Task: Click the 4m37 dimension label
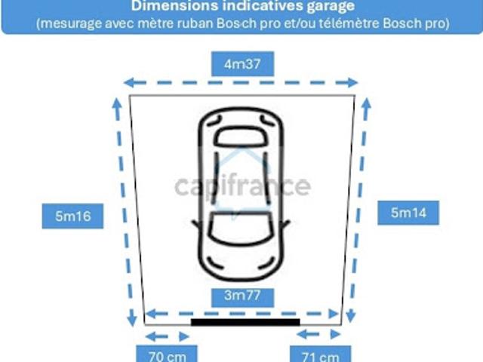tap(242, 63)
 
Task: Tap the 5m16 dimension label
tap(72, 216)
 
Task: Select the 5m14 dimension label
tap(408, 213)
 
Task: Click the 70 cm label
tap(167, 354)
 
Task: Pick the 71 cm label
tap(320, 354)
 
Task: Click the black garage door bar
tap(245, 322)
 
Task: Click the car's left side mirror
tap(195, 224)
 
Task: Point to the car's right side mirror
tap(286, 224)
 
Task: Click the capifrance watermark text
tap(243, 186)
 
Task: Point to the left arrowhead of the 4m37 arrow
tap(130, 82)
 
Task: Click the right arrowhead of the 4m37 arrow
tap(352, 82)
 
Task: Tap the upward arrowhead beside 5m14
tap(366, 104)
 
